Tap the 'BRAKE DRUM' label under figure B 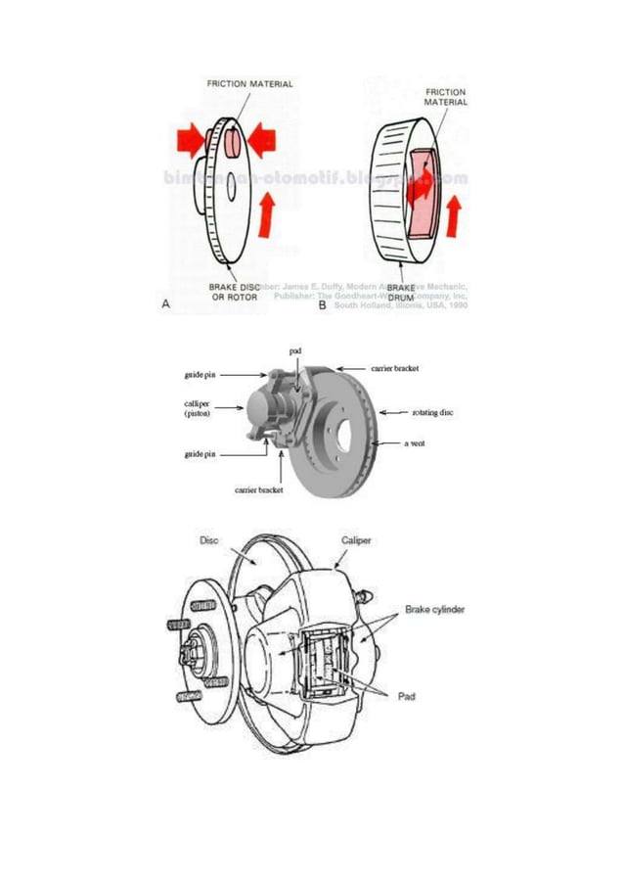click(x=402, y=292)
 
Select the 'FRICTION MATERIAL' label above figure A click(x=249, y=84)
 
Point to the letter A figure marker click(x=166, y=305)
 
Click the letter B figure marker click(x=323, y=305)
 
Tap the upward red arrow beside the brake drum click(x=452, y=216)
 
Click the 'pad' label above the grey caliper click(x=295, y=350)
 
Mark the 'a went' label click(x=416, y=443)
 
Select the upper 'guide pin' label click(x=201, y=374)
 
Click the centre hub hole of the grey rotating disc click(x=339, y=430)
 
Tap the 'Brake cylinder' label click(x=435, y=609)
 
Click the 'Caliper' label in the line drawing click(x=356, y=539)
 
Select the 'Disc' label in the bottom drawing click(x=208, y=539)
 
